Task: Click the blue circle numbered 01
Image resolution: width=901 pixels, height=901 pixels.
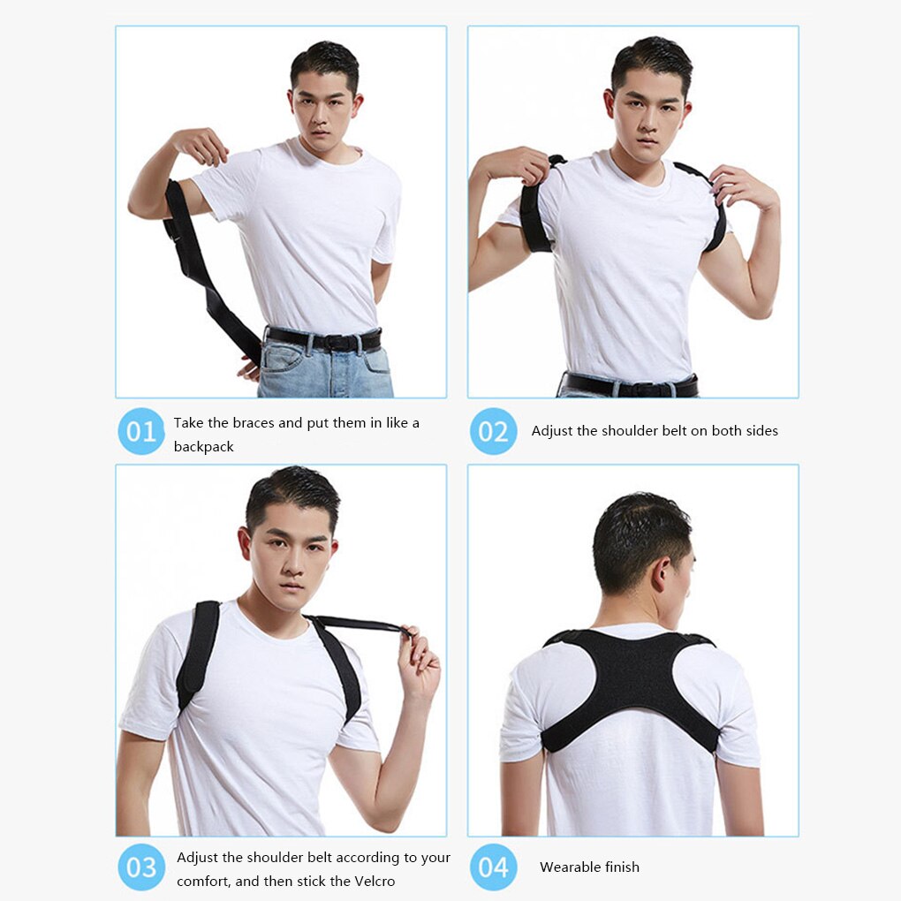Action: (x=141, y=431)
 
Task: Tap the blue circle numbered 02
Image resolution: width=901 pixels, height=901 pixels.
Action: (x=493, y=431)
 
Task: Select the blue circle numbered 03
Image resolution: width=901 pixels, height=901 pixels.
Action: (x=141, y=867)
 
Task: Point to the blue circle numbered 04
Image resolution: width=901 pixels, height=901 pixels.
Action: (x=493, y=867)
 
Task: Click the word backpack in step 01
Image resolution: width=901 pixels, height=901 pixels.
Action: (x=204, y=447)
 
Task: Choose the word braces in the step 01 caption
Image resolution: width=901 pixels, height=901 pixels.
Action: (x=253, y=423)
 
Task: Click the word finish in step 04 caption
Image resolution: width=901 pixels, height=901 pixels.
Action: (x=621, y=867)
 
